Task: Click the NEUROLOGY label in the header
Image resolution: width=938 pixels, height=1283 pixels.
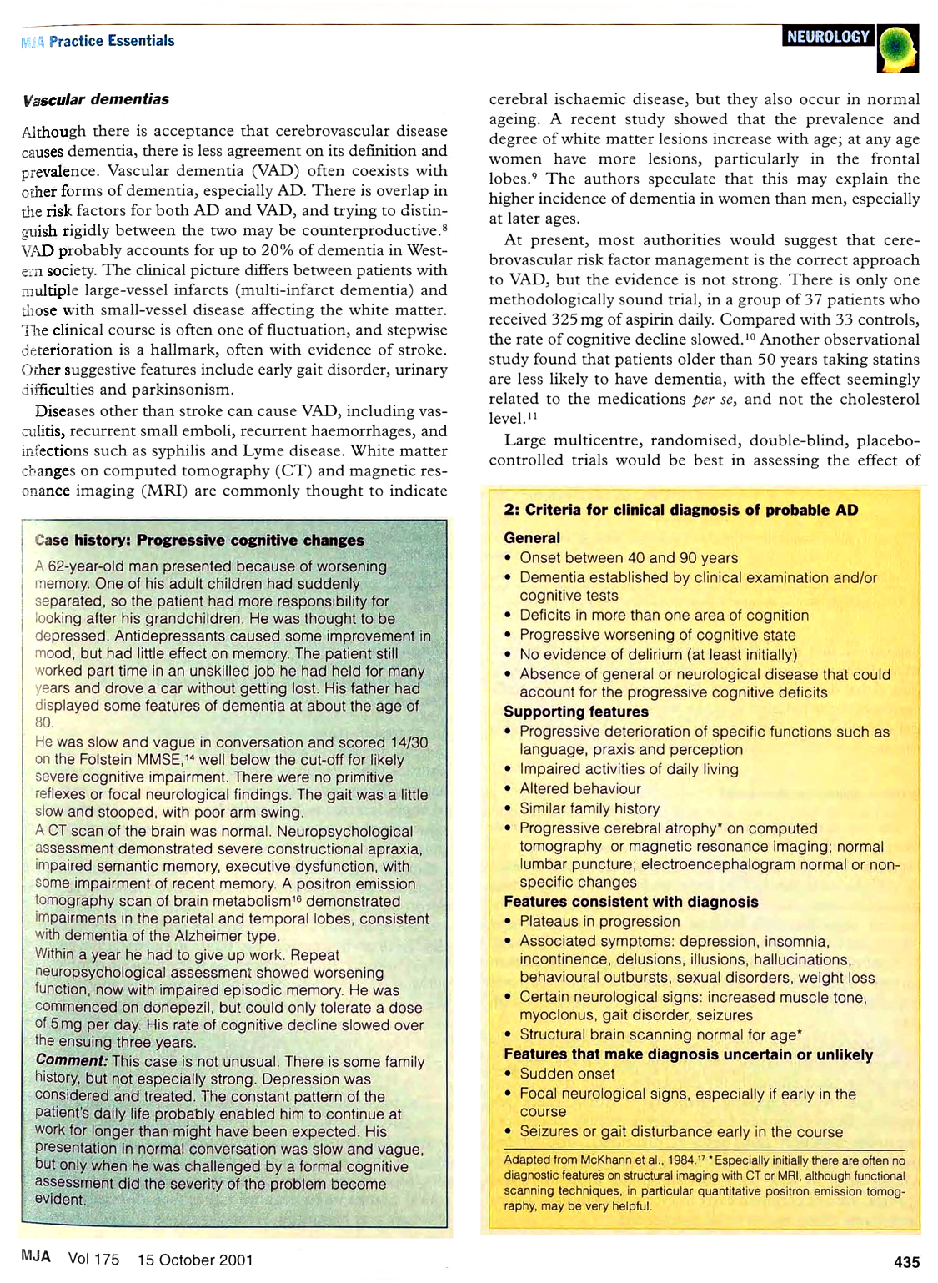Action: (828, 37)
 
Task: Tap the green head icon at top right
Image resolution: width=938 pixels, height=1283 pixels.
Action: (897, 48)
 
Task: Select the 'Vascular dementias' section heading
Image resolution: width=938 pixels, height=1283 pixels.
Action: (96, 99)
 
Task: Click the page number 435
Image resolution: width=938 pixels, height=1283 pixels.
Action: (906, 1262)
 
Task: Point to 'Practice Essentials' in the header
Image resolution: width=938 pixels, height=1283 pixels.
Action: (112, 41)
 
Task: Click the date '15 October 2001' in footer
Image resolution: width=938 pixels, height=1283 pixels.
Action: (195, 1260)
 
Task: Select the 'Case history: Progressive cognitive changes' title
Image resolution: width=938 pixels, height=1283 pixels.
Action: (200, 541)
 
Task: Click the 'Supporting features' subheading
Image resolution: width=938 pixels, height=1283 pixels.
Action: (575, 712)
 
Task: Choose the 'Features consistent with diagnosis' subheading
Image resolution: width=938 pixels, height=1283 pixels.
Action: (630, 902)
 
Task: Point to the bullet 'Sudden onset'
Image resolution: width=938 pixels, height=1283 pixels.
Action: (567, 1074)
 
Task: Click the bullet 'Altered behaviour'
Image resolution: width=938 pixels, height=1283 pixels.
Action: (580, 788)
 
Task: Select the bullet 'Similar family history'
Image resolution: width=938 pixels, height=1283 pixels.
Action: (589, 808)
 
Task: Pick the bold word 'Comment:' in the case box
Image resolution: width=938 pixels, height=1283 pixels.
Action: (72, 1061)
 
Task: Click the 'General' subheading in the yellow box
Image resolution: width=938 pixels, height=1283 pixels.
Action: (532, 538)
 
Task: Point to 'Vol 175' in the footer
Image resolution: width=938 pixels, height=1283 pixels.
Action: (93, 1260)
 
